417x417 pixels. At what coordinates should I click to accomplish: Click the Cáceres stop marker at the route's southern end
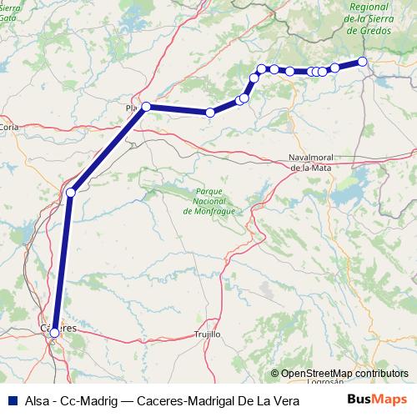(54, 332)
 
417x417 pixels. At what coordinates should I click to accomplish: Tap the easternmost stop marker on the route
(363, 62)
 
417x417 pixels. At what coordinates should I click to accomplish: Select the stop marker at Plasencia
(147, 107)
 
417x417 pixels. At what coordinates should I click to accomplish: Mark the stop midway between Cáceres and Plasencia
(71, 193)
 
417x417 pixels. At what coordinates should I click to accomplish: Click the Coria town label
(9, 127)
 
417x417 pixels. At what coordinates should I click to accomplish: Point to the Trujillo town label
(207, 334)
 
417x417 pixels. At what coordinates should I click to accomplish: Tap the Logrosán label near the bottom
(325, 381)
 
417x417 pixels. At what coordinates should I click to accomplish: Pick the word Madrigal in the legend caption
(212, 400)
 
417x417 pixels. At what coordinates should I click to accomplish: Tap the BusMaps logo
(376, 399)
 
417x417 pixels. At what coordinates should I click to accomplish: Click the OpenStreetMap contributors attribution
(344, 374)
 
